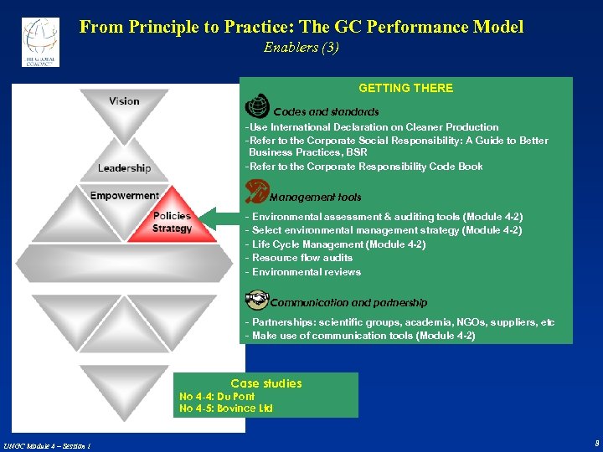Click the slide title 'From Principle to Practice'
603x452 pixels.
301,27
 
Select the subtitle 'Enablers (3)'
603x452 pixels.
301,48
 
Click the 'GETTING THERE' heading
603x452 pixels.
405,88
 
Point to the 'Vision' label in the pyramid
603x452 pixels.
124,101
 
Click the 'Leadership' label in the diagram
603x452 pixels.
124,168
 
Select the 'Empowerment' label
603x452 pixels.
124,196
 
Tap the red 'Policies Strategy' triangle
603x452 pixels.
171,223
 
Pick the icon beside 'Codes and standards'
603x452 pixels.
256,108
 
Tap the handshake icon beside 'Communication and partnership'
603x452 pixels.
255,300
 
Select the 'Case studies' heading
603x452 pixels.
266,383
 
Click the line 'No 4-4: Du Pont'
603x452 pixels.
217,397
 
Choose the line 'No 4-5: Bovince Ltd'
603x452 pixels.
226,408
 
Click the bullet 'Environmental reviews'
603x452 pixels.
302,272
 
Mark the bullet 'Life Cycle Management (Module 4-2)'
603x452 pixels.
335,244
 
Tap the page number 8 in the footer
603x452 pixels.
596,443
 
